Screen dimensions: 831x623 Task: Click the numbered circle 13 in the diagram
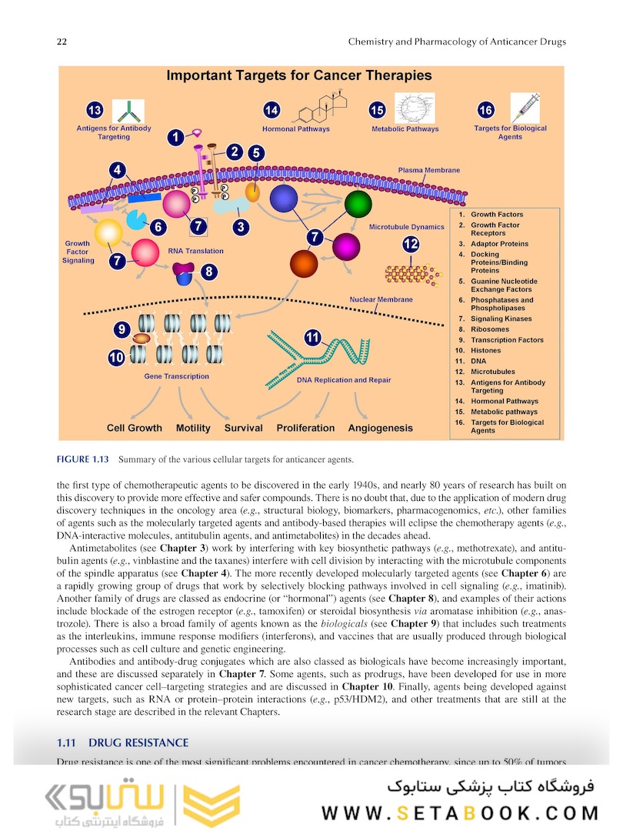pyautogui.click(x=95, y=109)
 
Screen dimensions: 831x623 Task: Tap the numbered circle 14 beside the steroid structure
pyautogui.click(x=272, y=110)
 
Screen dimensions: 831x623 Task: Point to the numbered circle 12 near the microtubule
pyautogui.click(x=411, y=244)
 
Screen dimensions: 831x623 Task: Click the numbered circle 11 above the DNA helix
pyautogui.click(x=312, y=337)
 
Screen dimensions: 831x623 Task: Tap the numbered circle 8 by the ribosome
pyautogui.click(x=208, y=271)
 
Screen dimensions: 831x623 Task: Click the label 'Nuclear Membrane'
pyautogui.click(x=381, y=299)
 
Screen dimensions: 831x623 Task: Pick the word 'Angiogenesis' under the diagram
pyautogui.click(x=380, y=428)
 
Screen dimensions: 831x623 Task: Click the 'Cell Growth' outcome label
pyautogui.click(x=135, y=428)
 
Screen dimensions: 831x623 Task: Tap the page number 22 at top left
pyautogui.click(x=61, y=42)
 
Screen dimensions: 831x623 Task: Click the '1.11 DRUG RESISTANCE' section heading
pyautogui.click(x=122, y=743)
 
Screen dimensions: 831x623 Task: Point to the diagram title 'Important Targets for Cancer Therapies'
pyautogui.click(x=299, y=75)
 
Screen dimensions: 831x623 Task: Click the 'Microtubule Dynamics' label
pyautogui.click(x=406, y=227)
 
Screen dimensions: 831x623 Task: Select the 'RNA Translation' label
pyautogui.click(x=195, y=251)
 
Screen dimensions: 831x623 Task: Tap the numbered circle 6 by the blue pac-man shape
pyautogui.click(x=157, y=227)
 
